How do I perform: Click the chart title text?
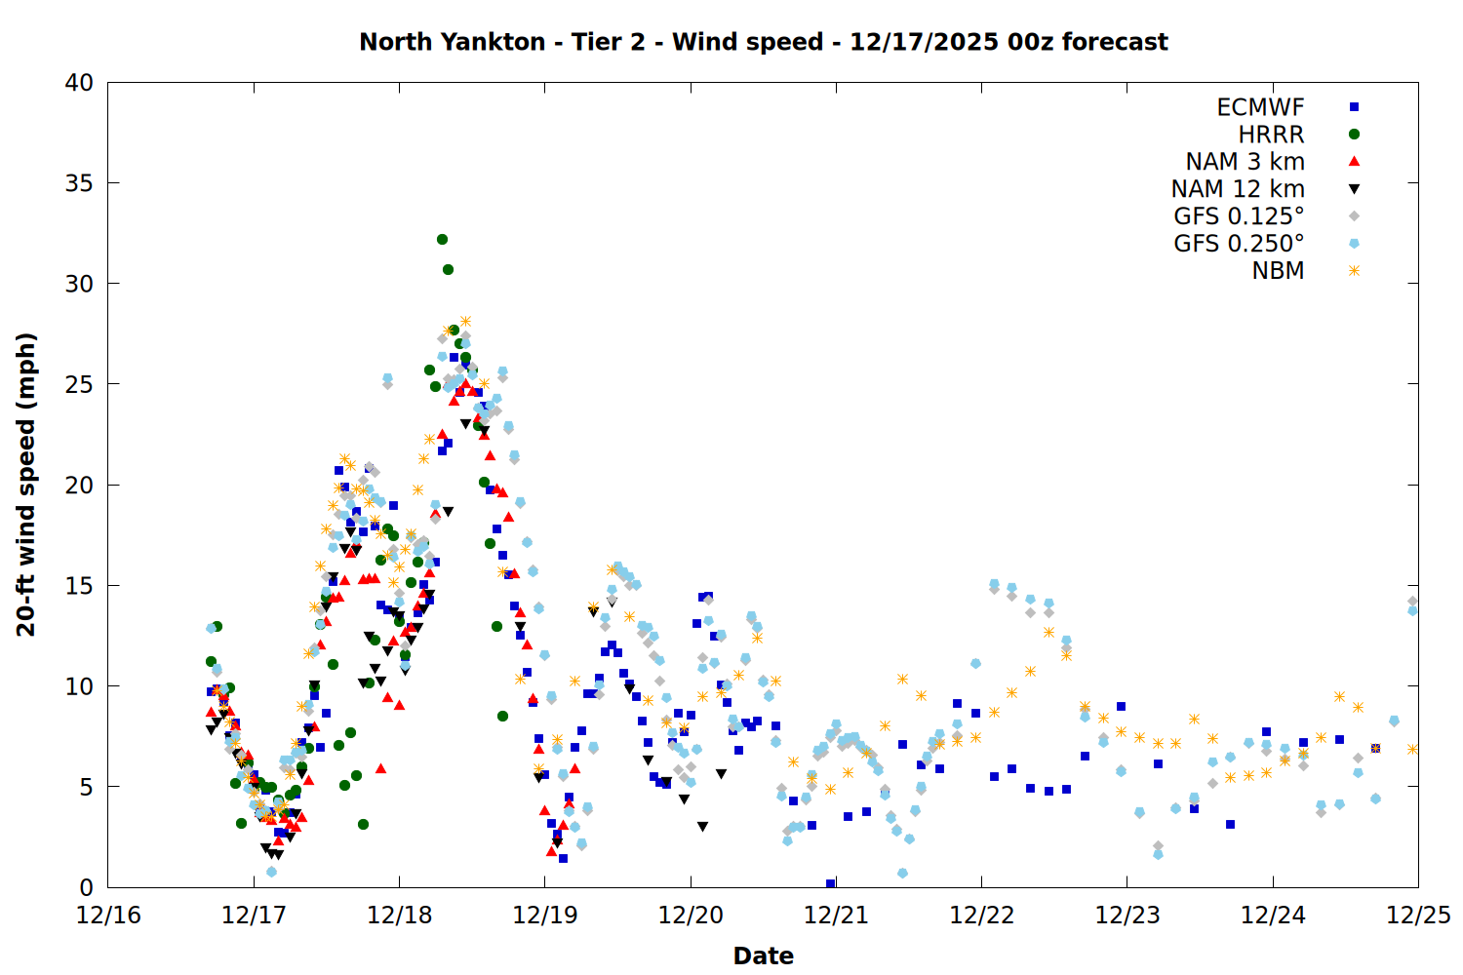pyautogui.click(x=763, y=42)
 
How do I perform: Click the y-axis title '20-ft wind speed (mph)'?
pyautogui.click(x=26, y=485)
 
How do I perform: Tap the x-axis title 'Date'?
pyautogui.click(x=763, y=955)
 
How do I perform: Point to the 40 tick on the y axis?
pyautogui.click(x=80, y=83)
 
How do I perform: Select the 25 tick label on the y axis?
pyautogui.click(x=80, y=384)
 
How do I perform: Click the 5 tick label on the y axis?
pyautogui.click(x=87, y=787)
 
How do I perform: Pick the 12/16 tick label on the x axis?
pyautogui.click(x=108, y=916)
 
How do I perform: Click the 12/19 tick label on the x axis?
pyautogui.click(x=544, y=916)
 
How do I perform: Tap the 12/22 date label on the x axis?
pyautogui.click(x=981, y=916)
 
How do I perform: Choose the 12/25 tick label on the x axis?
pyautogui.click(x=1418, y=916)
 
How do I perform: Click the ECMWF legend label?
pyautogui.click(x=1260, y=107)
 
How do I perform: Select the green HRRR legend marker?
pyautogui.click(x=1354, y=135)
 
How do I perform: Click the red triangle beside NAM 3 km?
pyautogui.click(x=1354, y=161)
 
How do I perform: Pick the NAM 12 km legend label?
pyautogui.click(x=1238, y=189)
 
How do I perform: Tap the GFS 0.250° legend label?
pyautogui.click(x=1239, y=244)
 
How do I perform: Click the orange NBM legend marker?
pyautogui.click(x=1354, y=271)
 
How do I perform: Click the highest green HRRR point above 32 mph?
pyautogui.click(x=442, y=239)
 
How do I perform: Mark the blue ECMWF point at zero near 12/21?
pyautogui.click(x=830, y=884)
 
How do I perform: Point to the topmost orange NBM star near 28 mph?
pyautogui.click(x=465, y=321)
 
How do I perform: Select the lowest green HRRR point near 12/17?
pyautogui.click(x=241, y=823)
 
